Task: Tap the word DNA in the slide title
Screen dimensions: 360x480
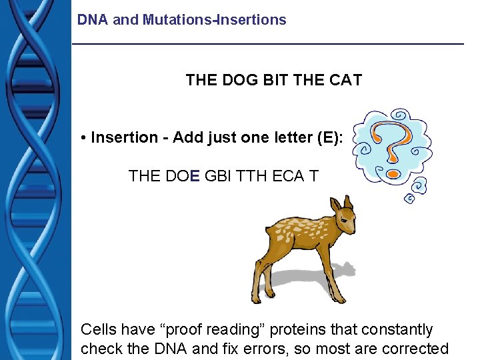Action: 93,20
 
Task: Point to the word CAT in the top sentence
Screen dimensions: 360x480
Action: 345,81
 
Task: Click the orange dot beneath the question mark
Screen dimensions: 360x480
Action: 393,174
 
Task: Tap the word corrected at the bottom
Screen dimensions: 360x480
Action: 416,348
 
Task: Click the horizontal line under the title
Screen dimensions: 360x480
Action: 267,44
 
